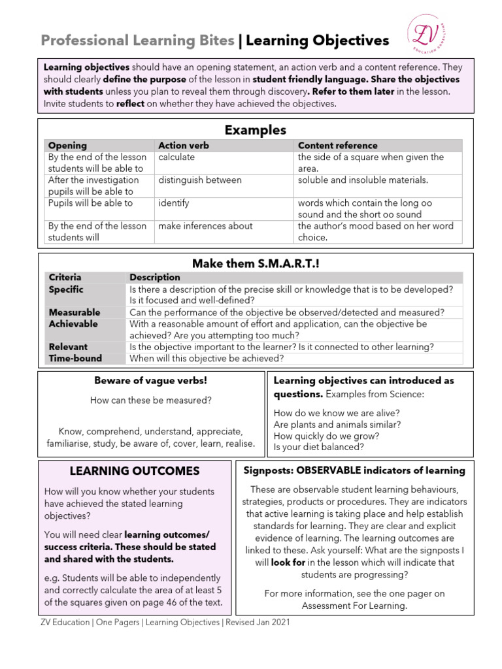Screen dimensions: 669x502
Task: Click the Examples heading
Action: (256, 130)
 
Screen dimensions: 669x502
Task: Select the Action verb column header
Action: (184, 146)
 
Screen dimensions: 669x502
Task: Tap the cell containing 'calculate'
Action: (176, 157)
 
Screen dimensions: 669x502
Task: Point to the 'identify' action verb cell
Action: (174, 203)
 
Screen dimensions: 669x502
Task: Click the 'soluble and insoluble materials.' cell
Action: (363, 180)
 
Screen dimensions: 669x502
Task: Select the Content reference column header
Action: (337, 146)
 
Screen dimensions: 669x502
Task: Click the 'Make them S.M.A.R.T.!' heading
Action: (256, 263)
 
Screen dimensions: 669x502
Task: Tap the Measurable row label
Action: (75, 312)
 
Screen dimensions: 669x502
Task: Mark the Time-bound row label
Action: (75, 358)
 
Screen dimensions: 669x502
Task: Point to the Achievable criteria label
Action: (73, 324)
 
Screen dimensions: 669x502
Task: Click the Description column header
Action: (155, 278)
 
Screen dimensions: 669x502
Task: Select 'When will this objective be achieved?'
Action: (207, 358)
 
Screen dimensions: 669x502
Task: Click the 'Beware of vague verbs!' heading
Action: (151, 380)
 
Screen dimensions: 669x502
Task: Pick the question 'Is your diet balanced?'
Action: (319, 448)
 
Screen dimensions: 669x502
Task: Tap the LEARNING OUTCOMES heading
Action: (135, 471)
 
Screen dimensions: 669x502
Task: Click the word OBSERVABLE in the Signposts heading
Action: (333, 470)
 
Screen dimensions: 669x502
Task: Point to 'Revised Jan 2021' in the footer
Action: (258, 623)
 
